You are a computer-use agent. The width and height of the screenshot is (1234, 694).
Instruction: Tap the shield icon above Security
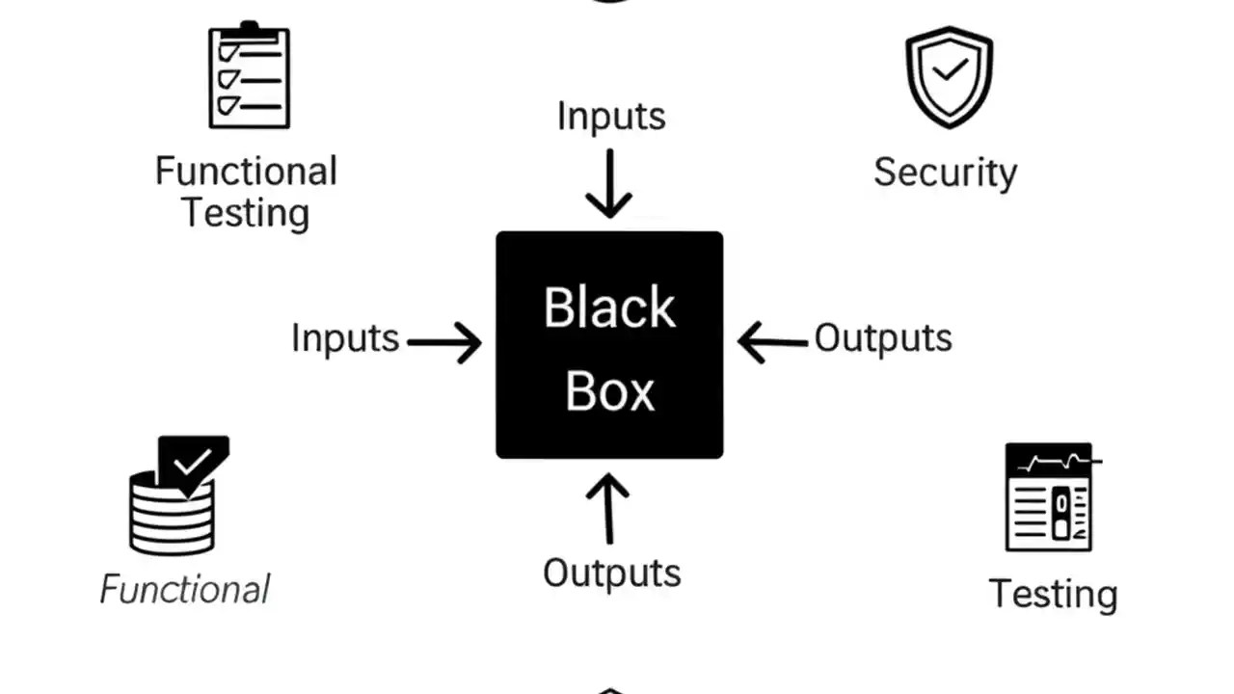click(949, 77)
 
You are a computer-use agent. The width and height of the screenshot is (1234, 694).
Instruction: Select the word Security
click(945, 173)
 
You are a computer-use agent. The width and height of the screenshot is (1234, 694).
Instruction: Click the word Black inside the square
click(609, 308)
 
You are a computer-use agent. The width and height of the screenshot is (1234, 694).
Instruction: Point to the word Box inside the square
click(609, 391)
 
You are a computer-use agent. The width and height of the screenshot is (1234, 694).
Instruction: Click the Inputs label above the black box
click(611, 117)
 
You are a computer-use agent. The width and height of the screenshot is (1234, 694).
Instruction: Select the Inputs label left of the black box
click(345, 339)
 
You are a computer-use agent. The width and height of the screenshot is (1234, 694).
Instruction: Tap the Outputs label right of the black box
click(883, 338)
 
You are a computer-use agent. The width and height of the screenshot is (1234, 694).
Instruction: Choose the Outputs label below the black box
click(611, 574)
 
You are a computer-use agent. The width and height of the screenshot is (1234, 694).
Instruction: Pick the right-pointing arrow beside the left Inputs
click(445, 342)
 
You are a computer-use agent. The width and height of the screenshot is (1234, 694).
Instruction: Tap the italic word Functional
click(185, 590)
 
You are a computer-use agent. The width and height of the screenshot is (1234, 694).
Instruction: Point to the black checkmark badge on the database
click(194, 464)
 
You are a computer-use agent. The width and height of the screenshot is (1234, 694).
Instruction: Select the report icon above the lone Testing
click(1049, 497)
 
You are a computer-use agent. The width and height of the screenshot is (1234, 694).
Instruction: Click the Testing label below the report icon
click(1053, 595)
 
